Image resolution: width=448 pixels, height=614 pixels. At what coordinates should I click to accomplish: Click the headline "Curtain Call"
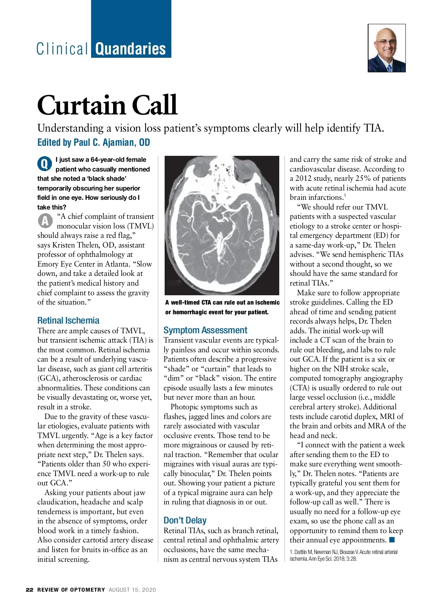107,106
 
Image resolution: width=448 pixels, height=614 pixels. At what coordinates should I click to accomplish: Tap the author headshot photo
386,48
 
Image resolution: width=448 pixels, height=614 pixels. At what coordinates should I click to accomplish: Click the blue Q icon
44,164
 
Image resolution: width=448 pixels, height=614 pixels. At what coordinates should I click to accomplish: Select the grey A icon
45,221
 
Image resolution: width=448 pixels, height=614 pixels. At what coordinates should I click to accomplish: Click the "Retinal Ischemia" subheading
68,321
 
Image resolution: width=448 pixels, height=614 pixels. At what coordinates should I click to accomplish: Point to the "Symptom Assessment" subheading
205,330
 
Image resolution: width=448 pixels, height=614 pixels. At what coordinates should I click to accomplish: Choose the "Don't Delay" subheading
185,520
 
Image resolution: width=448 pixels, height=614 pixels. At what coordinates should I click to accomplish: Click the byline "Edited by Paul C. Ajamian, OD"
93,142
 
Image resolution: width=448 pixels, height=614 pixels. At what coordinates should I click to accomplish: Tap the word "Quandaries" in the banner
131,49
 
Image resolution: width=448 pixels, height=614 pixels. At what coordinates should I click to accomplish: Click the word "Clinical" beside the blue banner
62,49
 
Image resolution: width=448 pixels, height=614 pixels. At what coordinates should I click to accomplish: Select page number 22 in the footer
29,590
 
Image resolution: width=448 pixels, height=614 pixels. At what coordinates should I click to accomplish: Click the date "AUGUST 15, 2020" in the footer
132,590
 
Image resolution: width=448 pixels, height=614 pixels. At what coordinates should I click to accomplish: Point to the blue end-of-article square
392,540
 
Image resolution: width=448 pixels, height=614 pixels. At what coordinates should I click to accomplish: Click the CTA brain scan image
222,225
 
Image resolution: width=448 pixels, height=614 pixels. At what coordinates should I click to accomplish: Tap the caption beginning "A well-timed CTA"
222,307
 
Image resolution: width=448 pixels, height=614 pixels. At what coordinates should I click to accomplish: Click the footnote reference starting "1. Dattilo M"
343,555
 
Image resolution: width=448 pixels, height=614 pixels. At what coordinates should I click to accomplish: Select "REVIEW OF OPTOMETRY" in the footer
71,590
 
